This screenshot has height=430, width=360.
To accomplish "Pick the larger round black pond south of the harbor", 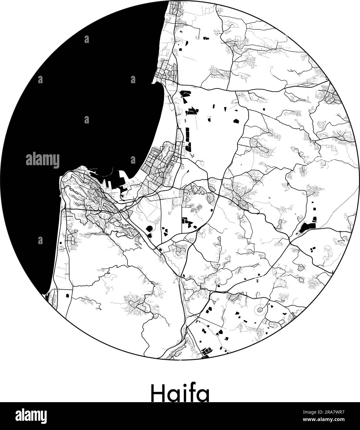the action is (x=149, y=229).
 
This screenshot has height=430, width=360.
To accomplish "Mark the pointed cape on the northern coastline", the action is (x=154, y=82).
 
